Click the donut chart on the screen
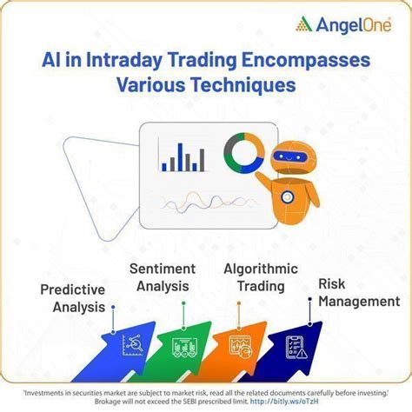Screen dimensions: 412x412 tap(243, 153)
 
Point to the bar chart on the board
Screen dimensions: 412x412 tap(183, 156)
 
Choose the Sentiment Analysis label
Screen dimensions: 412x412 tap(162, 277)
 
